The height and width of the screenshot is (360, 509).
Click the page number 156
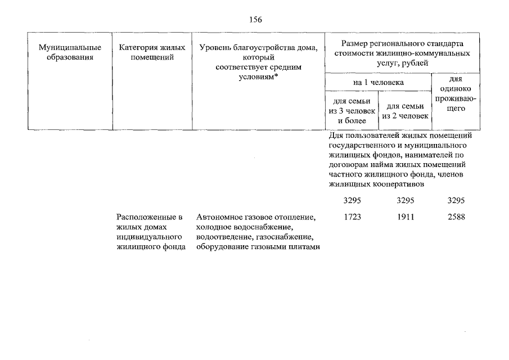(255, 20)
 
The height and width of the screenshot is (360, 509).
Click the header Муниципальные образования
(70, 52)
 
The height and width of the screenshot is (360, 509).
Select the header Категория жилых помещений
(152, 52)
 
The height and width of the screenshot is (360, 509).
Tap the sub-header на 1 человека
(378, 83)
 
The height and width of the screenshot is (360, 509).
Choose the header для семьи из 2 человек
(405, 111)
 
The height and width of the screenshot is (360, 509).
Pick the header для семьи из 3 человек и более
(352, 111)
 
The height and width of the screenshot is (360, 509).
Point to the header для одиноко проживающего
(456, 93)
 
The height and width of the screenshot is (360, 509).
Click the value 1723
(352, 217)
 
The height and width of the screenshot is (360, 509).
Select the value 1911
(406, 217)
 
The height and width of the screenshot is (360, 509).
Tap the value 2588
(456, 217)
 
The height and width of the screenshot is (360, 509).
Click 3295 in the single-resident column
(456, 200)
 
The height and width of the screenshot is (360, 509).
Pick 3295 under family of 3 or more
(352, 200)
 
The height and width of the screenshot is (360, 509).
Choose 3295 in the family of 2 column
(406, 200)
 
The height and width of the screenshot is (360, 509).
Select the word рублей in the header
(415, 63)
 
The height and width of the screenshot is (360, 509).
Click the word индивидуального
(149, 237)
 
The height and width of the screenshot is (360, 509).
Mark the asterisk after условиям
(276, 76)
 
